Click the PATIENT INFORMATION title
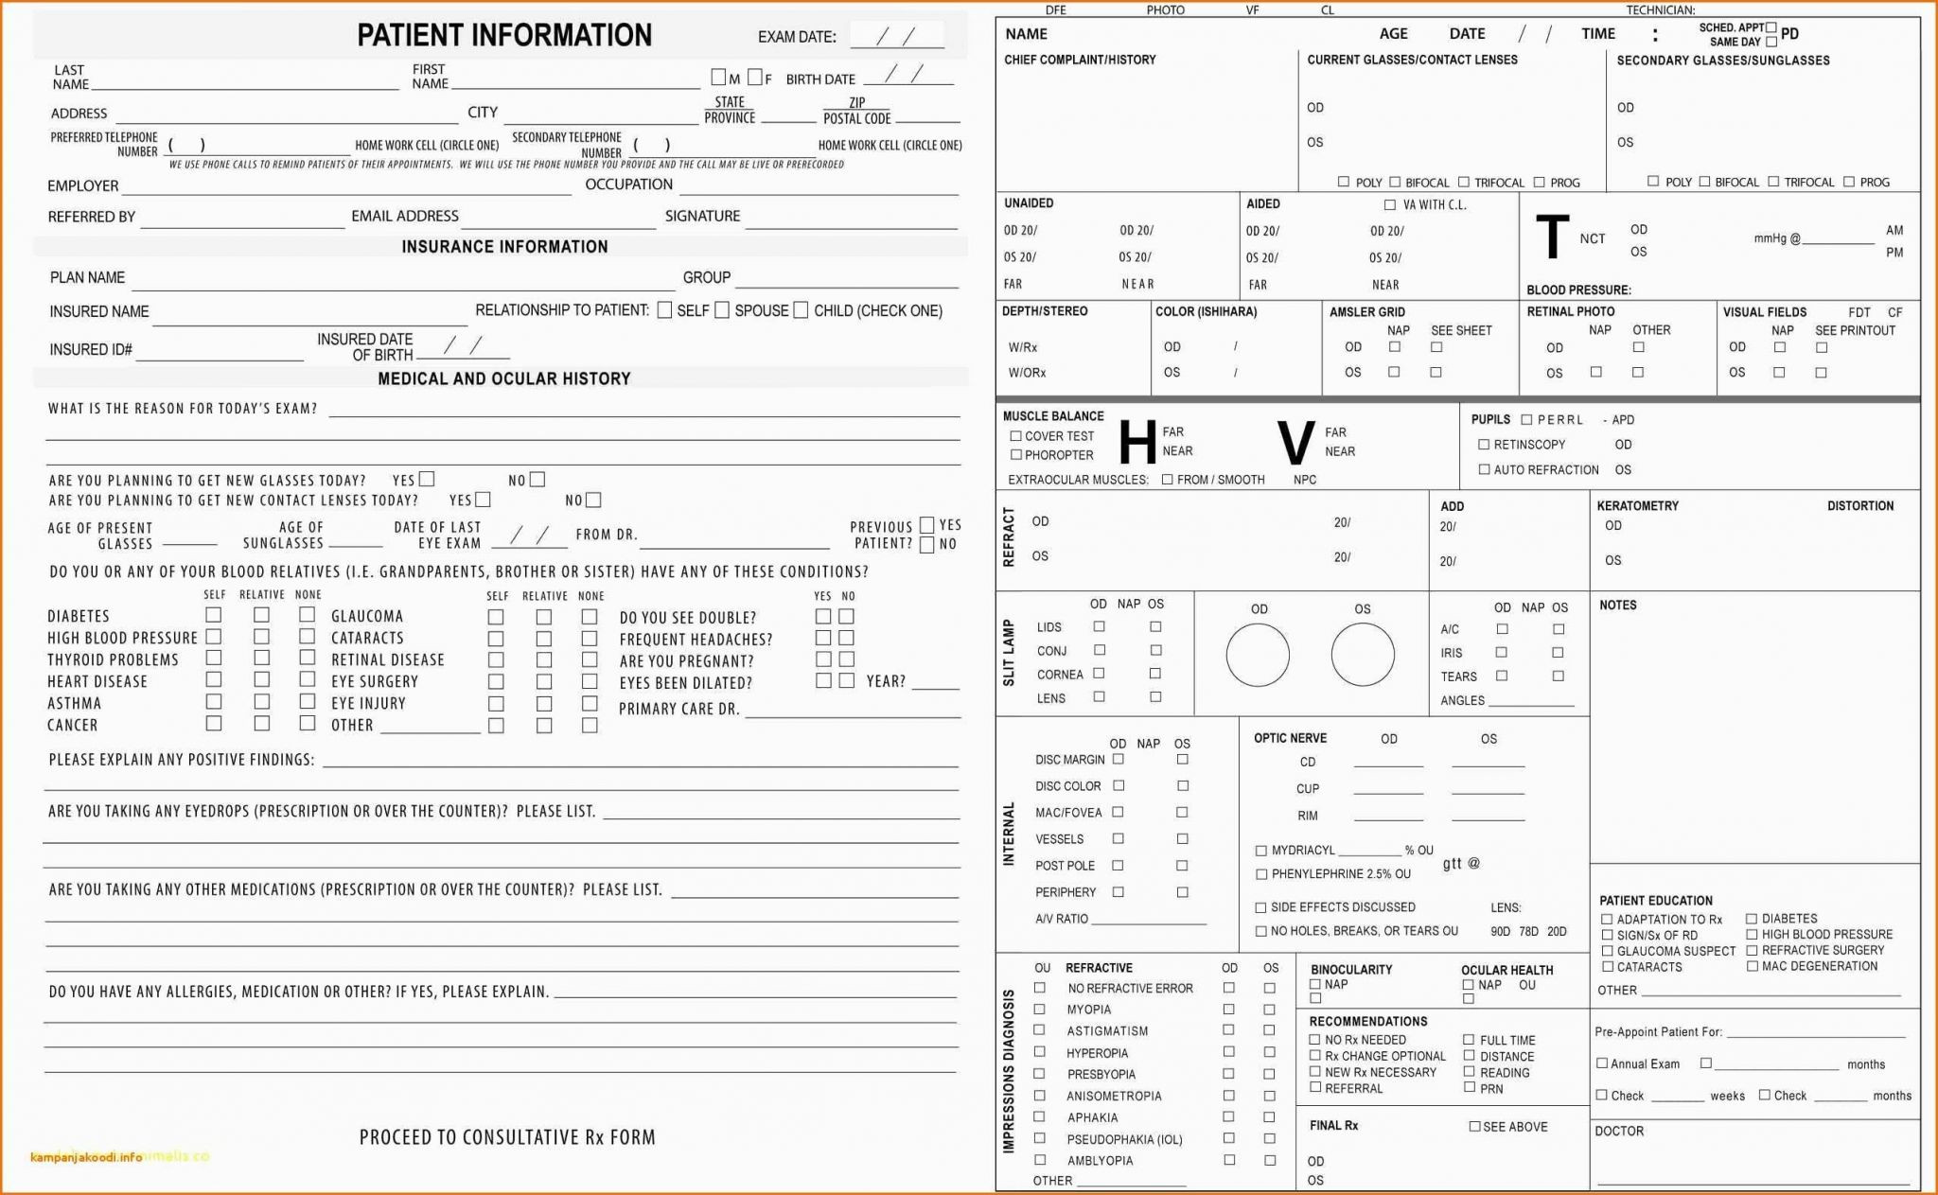[503, 35]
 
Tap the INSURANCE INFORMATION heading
[504, 247]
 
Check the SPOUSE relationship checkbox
[722, 310]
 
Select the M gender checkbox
[718, 78]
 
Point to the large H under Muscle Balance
[1136, 442]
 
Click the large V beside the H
[1295, 442]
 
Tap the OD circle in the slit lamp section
[1258, 655]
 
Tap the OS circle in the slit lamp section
[1363, 655]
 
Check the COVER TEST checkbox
[1015, 436]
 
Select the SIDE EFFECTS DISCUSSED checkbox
[1260, 907]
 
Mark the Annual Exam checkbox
[1602, 1063]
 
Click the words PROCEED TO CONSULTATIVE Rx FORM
[507, 1137]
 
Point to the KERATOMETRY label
[1637, 506]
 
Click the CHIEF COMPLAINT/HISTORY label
[1080, 60]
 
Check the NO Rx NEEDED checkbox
[1314, 1040]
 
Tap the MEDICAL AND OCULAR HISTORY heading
[503, 378]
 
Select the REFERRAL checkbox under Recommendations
[1314, 1088]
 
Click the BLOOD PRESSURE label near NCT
[1578, 290]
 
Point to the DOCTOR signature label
[1619, 1131]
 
